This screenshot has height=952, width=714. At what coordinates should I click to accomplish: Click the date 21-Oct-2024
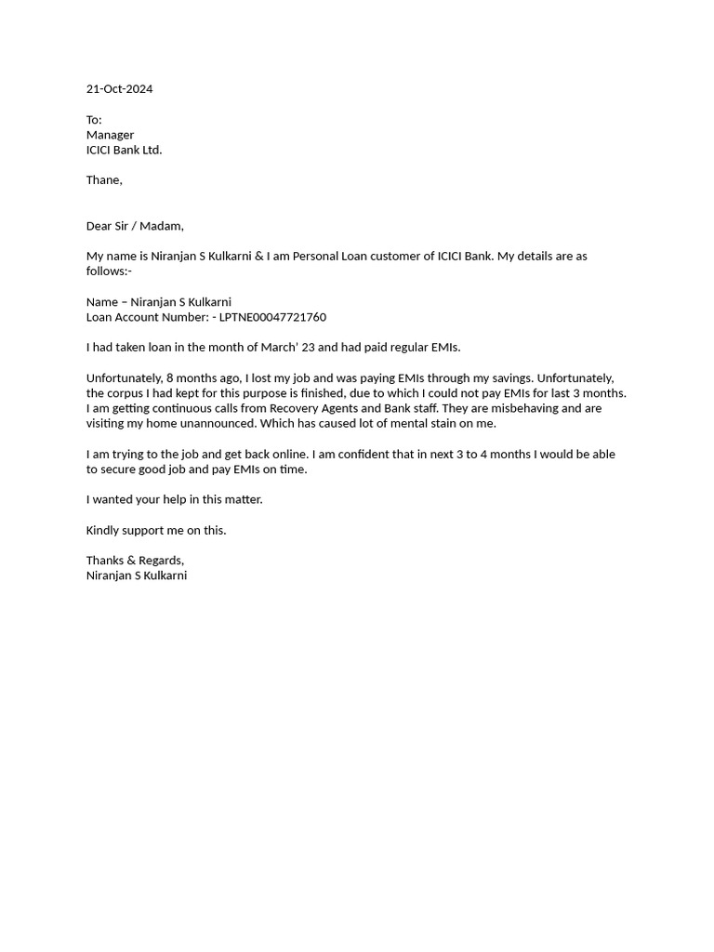119,89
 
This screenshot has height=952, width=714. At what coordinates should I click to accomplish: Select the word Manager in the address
110,135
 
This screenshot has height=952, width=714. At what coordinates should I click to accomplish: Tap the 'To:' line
94,120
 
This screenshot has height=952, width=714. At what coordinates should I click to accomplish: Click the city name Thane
103,180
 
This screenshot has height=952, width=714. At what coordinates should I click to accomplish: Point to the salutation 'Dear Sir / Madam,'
135,226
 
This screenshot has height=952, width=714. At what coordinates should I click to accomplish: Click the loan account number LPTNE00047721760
272,317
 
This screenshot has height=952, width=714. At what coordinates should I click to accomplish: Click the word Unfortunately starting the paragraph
124,378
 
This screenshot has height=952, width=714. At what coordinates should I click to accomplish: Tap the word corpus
127,393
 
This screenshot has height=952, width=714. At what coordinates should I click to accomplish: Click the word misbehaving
522,408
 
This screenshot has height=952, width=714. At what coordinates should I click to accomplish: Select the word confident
390,455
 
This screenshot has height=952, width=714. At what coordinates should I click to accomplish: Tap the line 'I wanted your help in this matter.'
174,499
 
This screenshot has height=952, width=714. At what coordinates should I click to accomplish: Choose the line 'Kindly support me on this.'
156,530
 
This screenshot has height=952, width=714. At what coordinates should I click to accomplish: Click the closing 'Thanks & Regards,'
135,561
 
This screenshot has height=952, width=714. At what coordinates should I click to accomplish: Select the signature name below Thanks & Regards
137,575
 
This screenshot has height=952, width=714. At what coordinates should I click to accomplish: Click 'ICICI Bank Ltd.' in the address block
124,150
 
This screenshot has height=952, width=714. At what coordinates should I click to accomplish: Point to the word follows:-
109,271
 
